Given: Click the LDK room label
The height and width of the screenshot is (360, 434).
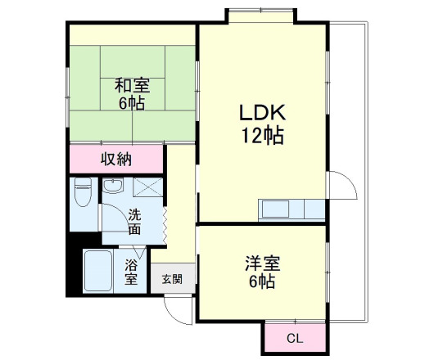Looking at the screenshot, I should pos(262,113).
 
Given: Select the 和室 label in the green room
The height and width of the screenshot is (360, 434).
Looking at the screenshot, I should pos(131,84).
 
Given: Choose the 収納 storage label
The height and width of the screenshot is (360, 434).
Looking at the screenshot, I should pos(116,159).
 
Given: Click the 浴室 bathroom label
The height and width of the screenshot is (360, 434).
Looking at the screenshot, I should pos(131,272).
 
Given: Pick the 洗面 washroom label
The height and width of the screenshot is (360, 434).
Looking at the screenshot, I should pos(134,222).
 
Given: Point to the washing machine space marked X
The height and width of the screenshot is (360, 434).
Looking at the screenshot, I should pos(147,187).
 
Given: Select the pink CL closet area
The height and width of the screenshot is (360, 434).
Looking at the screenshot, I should pos(292,335).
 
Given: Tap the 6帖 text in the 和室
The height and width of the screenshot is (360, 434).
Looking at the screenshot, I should pos(131,103).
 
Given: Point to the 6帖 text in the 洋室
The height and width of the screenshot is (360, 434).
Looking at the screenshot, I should pos(262,282).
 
